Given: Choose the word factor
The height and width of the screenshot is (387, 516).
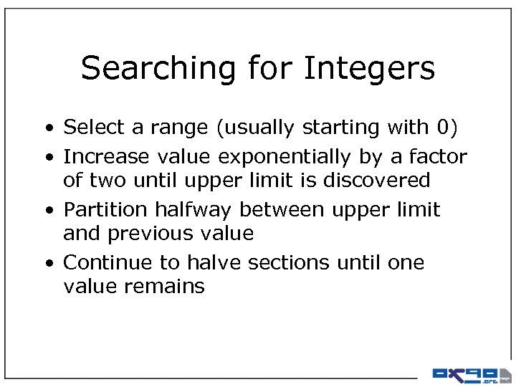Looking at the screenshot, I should coord(438,156).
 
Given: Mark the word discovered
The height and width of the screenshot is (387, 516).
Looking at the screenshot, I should coord(377,180).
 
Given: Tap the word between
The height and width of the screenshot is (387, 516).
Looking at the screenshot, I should coord(277,210).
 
